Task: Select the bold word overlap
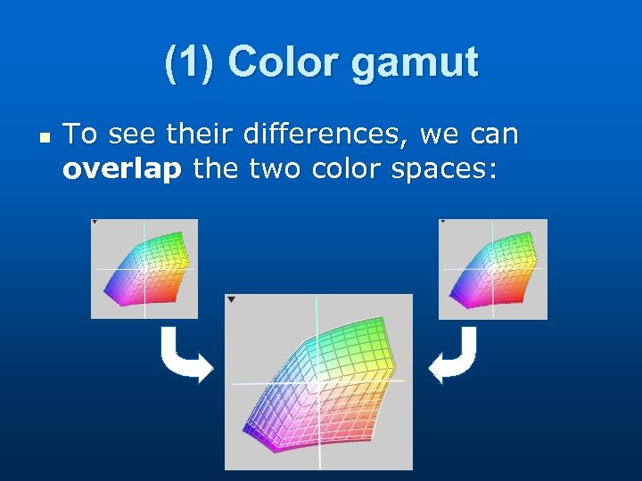121,169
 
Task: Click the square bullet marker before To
44,137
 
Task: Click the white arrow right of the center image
453,355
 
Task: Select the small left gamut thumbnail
144,269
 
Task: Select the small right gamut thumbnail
493,269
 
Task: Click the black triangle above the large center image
231,300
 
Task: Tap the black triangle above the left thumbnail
95,222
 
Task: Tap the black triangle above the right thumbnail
442,222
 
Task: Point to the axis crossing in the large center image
317,381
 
